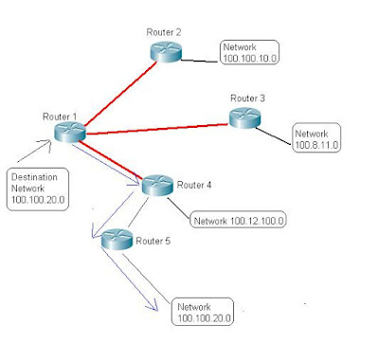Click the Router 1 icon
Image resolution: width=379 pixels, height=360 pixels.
pyautogui.click(x=69, y=134)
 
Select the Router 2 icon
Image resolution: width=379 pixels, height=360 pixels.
pyautogui.click(x=166, y=50)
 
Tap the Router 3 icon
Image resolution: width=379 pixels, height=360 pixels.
pyautogui.click(x=244, y=117)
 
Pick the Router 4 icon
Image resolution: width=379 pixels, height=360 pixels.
pyautogui.click(x=158, y=186)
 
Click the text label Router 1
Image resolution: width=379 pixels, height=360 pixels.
pyautogui.click(x=59, y=116)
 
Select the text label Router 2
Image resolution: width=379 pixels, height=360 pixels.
pyautogui.click(x=163, y=32)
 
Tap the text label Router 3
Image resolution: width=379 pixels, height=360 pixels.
pyautogui.click(x=247, y=99)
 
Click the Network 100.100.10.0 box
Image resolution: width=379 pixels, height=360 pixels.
pyautogui.click(x=248, y=52)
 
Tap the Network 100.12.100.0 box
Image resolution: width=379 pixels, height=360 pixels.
pyautogui.click(x=239, y=221)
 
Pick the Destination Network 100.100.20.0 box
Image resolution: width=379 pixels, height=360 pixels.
pyautogui.click(x=37, y=189)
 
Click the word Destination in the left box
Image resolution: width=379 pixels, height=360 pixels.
pyautogui.click(x=32, y=176)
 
